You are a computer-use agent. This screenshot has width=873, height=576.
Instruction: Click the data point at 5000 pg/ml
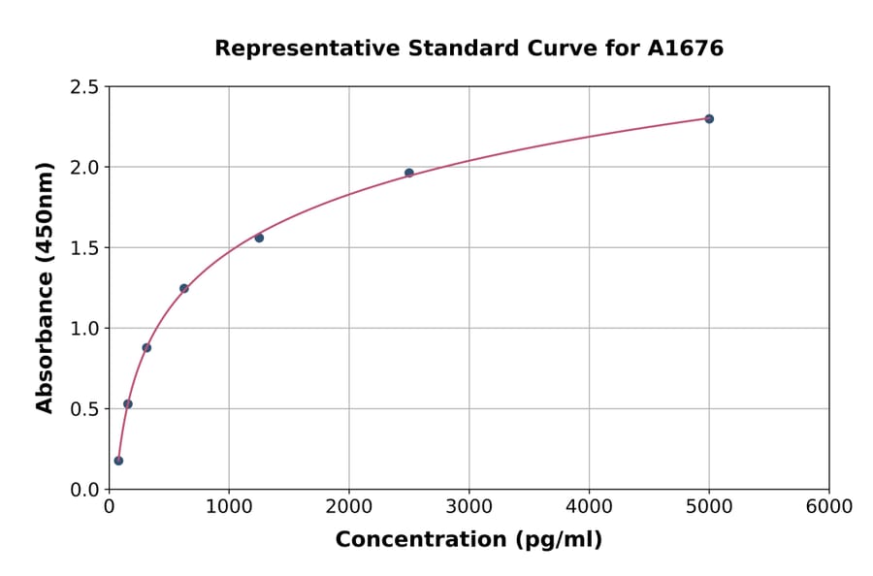[709, 118]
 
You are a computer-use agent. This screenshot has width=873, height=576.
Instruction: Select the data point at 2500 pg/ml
[408, 173]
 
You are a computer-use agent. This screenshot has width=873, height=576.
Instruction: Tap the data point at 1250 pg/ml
[259, 238]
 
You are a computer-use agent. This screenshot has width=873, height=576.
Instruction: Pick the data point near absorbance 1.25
[183, 288]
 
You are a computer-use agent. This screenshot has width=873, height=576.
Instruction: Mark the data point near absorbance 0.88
[146, 347]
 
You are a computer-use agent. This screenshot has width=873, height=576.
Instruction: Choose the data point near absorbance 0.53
[127, 403]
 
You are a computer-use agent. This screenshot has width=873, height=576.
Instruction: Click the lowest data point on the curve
[118, 461]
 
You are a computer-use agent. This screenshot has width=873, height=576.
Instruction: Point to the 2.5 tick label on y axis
[84, 87]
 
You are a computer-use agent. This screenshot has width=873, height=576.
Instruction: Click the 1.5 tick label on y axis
[84, 248]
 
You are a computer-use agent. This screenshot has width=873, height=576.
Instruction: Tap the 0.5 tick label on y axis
[84, 409]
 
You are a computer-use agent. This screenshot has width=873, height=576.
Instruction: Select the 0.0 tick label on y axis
[84, 490]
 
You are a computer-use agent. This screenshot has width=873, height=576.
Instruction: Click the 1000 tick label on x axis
[229, 507]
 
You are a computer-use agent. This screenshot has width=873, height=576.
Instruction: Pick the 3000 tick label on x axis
[469, 507]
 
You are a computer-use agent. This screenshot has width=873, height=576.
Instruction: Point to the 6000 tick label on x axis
[829, 507]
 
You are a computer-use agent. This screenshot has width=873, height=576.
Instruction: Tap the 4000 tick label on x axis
[589, 507]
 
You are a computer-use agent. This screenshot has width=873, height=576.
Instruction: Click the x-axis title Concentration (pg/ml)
[469, 540]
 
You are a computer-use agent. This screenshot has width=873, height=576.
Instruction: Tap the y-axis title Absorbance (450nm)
[45, 288]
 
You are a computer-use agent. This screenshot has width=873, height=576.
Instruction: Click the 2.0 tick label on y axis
[84, 168]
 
